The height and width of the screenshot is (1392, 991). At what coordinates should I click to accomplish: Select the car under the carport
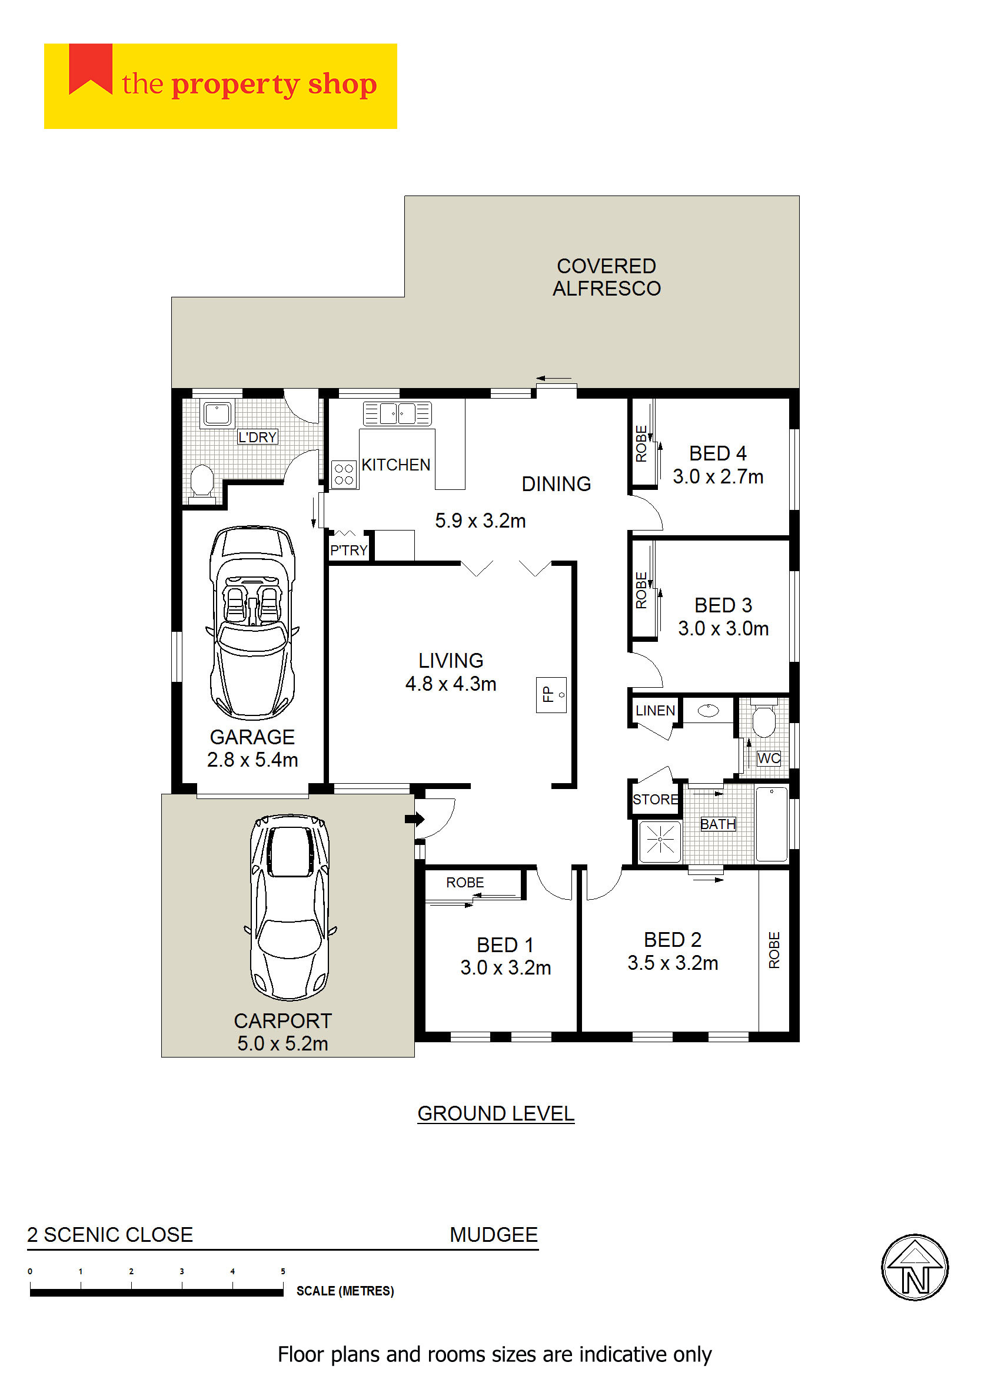[290, 907]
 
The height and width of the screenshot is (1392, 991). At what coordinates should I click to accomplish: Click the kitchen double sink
[397, 413]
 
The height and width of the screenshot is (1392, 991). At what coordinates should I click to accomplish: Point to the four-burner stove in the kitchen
[344, 474]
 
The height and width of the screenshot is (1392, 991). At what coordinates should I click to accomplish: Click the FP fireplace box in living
[551, 695]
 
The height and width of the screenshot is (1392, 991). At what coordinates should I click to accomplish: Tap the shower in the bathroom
[660, 842]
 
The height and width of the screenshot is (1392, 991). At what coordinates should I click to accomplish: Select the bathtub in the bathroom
[771, 824]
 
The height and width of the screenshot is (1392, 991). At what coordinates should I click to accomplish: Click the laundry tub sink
[217, 413]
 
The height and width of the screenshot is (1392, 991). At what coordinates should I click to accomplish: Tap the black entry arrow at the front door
[414, 818]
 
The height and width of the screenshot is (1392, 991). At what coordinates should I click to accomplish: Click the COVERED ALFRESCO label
[607, 277]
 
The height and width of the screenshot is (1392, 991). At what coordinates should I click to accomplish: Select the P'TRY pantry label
[348, 550]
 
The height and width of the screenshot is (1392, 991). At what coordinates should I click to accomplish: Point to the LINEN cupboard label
[656, 710]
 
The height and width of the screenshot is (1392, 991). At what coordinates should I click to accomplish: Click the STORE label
[656, 799]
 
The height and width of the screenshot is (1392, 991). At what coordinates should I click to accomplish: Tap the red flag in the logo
[90, 69]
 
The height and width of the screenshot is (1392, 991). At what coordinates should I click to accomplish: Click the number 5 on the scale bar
[282, 1271]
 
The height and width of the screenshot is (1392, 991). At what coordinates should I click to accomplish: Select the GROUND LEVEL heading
[495, 1113]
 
